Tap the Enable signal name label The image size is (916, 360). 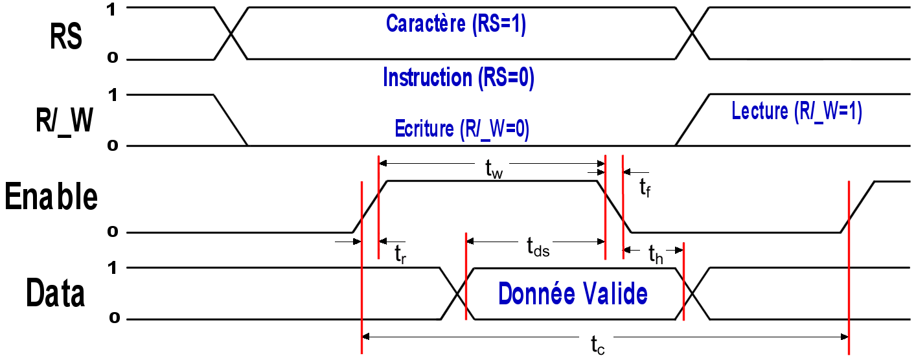point(51,197)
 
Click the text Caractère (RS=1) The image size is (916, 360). point(456,24)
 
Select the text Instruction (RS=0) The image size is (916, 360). point(458,78)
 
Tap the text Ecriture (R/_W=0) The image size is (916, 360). point(462,129)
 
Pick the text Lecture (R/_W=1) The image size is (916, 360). point(796,112)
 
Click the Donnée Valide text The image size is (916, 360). point(573,294)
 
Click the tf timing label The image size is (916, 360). point(645,188)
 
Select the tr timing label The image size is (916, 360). point(400,254)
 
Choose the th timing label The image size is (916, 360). point(656,255)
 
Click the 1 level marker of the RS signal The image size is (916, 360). point(112,8)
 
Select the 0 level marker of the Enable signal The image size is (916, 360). point(112,232)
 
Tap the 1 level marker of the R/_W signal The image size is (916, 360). point(112,95)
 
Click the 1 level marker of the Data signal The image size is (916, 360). point(112,267)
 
